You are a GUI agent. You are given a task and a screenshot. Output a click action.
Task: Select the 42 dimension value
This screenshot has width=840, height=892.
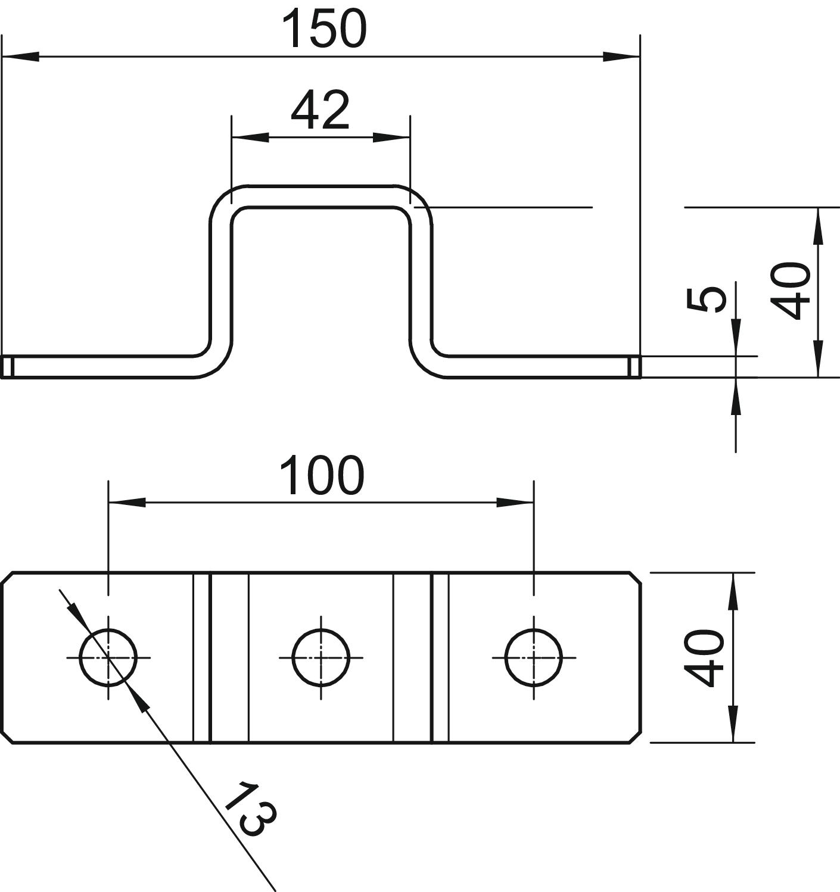click(320, 111)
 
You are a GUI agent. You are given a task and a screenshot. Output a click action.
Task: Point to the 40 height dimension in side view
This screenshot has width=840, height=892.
click(791, 291)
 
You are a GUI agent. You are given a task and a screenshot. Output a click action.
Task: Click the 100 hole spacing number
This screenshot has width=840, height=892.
click(321, 476)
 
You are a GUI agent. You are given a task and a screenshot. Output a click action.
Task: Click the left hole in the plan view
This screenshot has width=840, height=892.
click(108, 658)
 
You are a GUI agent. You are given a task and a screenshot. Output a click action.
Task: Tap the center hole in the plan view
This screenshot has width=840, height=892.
click(321, 658)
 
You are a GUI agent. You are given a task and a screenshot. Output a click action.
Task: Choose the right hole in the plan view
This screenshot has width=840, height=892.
click(534, 658)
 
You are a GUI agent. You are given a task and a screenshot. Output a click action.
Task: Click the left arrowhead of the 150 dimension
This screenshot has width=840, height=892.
click(21, 57)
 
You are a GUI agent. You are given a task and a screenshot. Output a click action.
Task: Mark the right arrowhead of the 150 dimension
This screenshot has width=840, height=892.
click(621, 57)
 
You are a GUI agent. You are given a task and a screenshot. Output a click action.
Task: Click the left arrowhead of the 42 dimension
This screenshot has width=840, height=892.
click(250, 137)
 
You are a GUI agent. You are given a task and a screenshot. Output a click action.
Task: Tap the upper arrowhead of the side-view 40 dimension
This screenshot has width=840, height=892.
click(818, 226)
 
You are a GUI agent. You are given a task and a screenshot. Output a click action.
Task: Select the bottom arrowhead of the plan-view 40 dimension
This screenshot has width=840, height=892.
click(733, 724)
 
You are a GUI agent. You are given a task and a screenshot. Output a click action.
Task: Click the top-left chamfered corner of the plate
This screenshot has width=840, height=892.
click(8, 578)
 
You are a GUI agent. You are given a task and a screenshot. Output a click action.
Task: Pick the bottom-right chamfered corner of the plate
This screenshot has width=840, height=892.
click(635, 737)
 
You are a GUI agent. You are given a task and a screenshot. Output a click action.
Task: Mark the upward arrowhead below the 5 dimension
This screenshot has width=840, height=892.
click(736, 395)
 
